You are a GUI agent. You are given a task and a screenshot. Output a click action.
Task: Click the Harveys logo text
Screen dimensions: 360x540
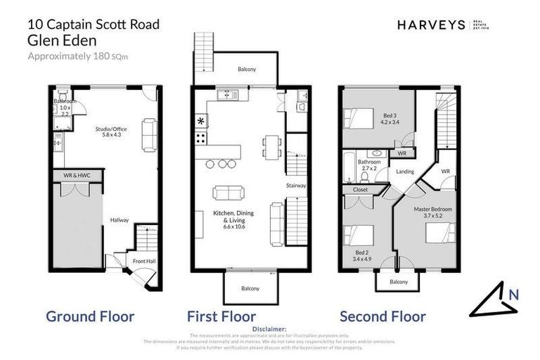click(430, 25)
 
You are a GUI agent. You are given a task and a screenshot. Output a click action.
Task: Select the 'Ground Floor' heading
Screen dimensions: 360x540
click(90, 316)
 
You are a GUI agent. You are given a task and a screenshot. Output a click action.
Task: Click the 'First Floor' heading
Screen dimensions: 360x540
click(221, 316)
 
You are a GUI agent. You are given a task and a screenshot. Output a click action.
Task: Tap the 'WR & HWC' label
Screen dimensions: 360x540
click(78, 174)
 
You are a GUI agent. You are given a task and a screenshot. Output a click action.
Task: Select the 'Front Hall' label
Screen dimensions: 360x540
click(144, 262)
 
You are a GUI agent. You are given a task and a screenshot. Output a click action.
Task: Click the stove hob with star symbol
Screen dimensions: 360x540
click(201, 122)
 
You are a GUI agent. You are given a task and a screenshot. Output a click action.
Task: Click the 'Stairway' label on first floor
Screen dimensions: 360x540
click(296, 186)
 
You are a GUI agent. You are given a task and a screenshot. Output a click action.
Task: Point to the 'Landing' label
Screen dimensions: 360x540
click(405, 171)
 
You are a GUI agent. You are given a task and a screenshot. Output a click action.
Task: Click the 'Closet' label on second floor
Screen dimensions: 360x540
click(360, 189)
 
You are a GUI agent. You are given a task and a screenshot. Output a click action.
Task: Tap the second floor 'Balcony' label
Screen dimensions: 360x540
click(399, 282)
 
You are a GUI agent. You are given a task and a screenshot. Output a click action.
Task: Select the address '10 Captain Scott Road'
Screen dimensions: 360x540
click(93, 25)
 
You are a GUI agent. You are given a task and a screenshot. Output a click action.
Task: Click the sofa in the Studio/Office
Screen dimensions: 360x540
click(149, 135)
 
